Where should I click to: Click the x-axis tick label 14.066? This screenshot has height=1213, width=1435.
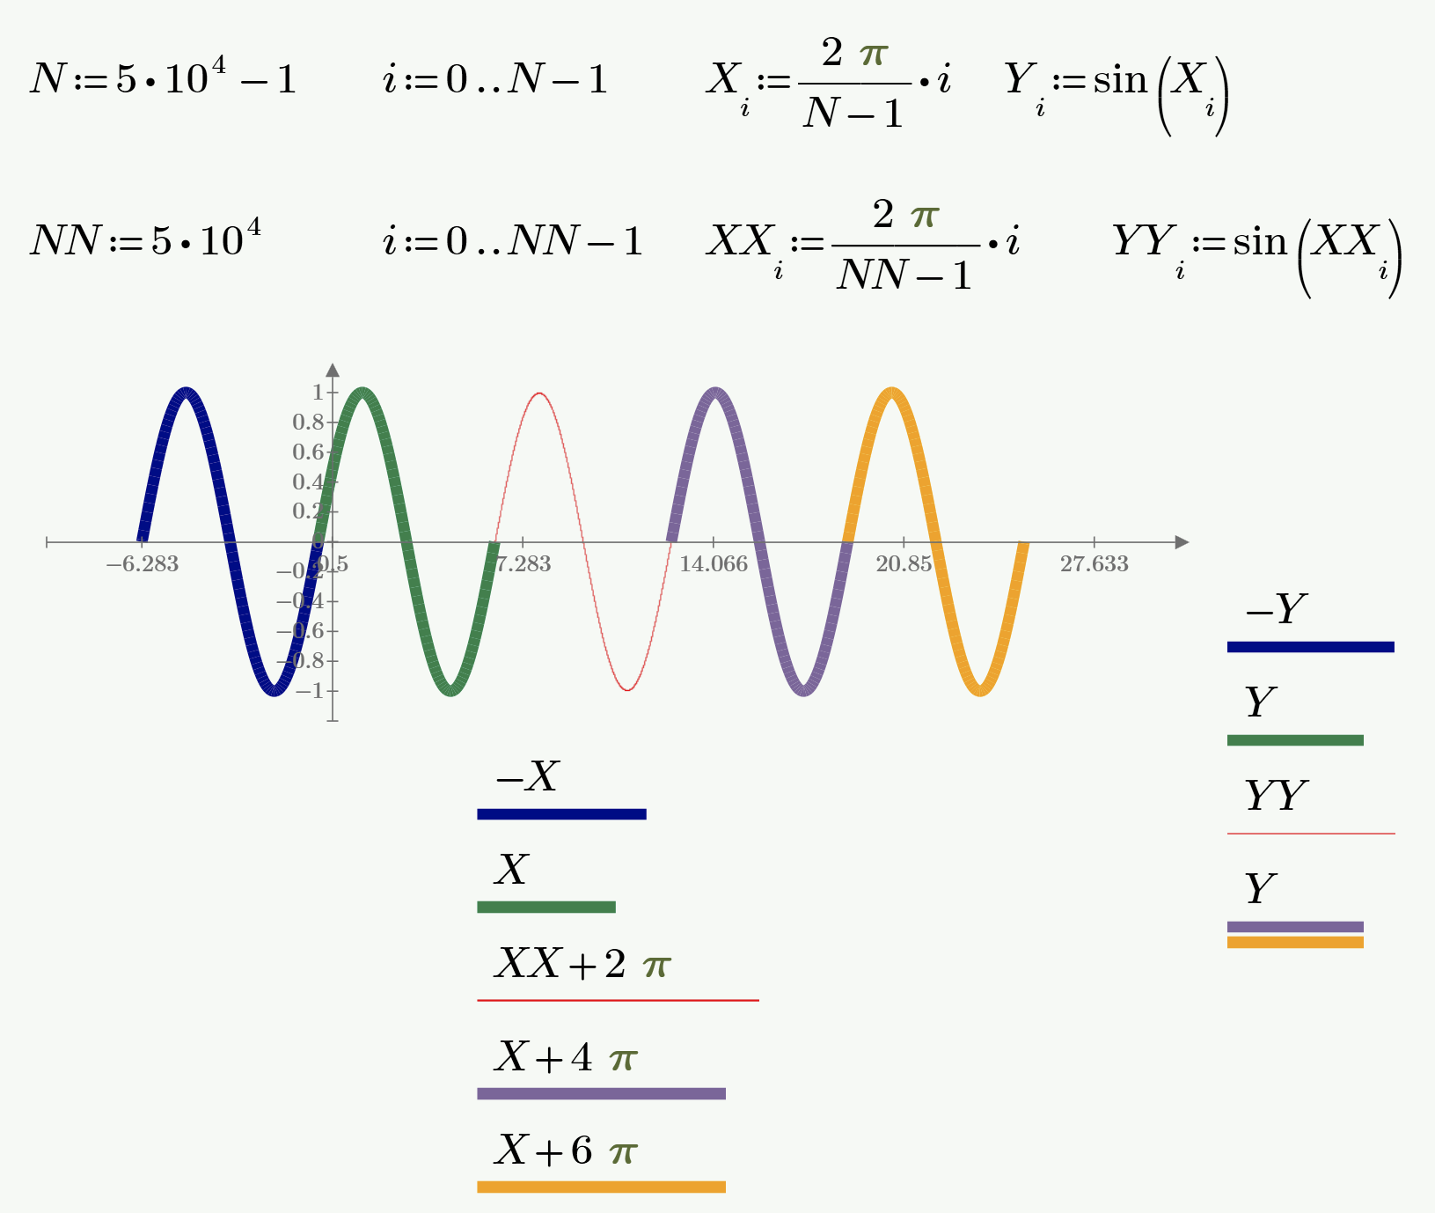coord(713,564)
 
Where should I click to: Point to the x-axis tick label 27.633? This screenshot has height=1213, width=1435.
coord(1094,564)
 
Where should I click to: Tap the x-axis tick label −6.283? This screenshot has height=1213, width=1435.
coord(143,564)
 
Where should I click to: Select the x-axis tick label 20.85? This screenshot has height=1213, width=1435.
coord(904,564)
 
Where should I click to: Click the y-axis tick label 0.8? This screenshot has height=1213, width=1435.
coord(308,423)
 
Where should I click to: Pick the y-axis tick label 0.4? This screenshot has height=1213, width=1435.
coord(308,482)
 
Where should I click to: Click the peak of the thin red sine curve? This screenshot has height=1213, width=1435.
coord(539,393)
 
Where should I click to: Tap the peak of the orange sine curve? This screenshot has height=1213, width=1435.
coord(892,393)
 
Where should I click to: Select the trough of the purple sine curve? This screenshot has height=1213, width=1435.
coord(803,690)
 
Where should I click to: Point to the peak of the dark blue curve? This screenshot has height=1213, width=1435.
coord(187,393)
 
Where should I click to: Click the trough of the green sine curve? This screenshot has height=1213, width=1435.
coord(450,690)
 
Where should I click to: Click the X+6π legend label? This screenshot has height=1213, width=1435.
coord(565,1151)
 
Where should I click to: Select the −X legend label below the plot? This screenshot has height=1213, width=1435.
coord(527,776)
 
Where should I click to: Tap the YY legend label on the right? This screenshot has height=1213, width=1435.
coord(1276,796)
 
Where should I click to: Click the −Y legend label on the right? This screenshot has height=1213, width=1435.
coord(1276,609)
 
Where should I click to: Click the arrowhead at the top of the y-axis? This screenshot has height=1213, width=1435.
coord(333,370)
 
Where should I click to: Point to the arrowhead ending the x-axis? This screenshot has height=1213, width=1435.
coord(1182,542)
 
